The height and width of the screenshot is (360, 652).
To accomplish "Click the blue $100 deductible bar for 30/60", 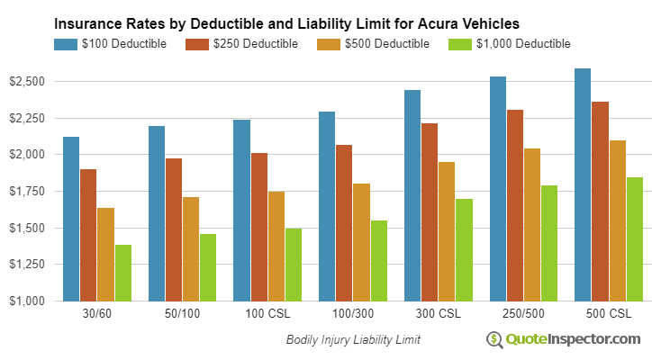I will click(x=71, y=219).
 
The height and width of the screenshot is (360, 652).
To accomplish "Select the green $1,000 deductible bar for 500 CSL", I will click(x=634, y=238).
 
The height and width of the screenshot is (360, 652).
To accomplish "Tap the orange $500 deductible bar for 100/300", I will click(x=361, y=242).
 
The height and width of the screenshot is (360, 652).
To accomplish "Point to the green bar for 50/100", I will click(x=208, y=267).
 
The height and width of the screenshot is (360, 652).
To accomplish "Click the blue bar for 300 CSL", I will click(x=412, y=195).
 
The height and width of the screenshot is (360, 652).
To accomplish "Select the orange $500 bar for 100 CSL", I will click(x=276, y=246).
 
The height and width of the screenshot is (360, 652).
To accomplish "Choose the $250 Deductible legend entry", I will click(x=241, y=43).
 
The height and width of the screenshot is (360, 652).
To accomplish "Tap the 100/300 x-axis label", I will click(x=352, y=315).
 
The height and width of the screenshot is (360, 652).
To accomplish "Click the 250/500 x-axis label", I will click(x=522, y=315).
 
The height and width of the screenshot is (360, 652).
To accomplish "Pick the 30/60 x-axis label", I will click(x=97, y=315).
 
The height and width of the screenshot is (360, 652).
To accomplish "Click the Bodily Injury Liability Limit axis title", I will click(x=353, y=340).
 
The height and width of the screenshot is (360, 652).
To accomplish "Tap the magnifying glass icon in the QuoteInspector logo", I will click(x=494, y=340).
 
